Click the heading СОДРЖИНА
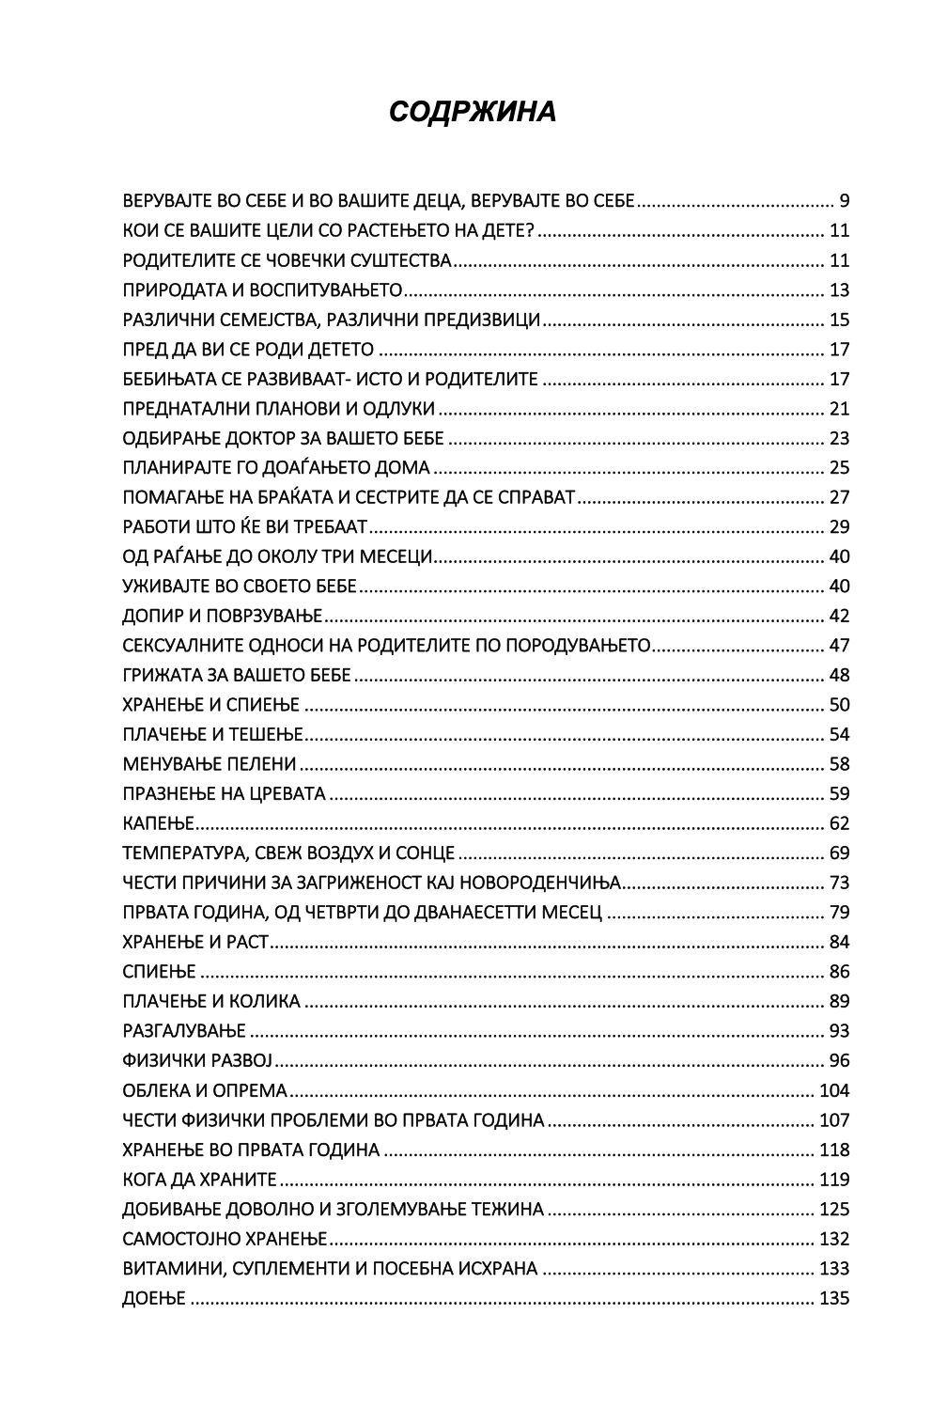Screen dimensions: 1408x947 473,112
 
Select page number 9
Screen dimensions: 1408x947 844,201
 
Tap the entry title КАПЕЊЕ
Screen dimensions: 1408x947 158,824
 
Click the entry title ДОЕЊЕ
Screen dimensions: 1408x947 154,1300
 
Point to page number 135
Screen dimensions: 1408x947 834,1300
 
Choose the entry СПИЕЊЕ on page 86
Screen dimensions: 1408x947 159,972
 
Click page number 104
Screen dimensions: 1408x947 834,1091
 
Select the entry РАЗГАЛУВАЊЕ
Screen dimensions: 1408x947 184,1031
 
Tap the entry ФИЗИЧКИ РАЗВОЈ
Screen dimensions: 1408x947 196,1061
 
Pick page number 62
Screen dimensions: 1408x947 839,824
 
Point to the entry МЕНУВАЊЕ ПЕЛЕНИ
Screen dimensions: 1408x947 210,765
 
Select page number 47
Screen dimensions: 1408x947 839,646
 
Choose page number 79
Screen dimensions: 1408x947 839,913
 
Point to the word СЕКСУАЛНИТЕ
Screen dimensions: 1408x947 184,646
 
